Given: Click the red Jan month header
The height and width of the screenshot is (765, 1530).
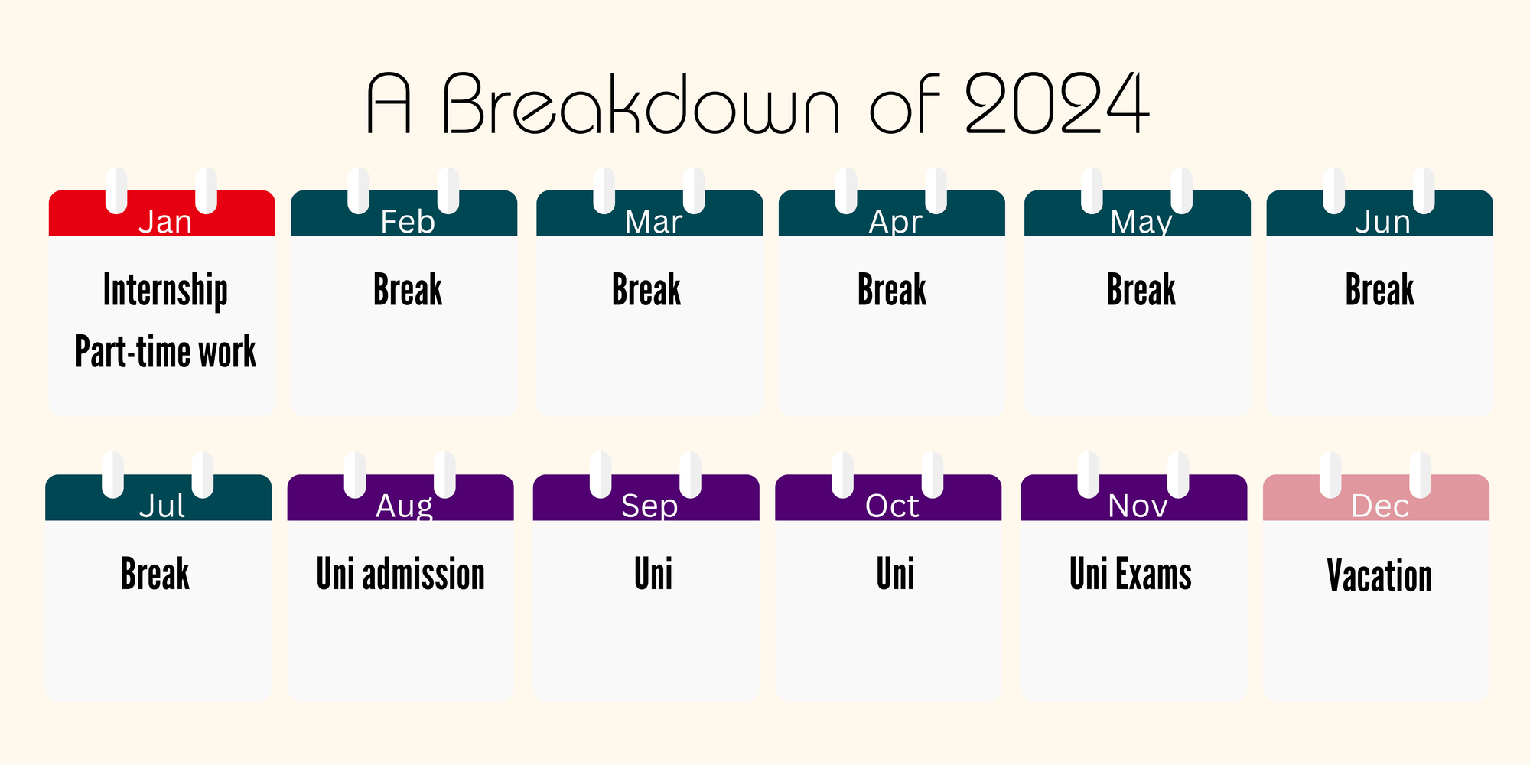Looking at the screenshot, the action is pyautogui.click(x=162, y=213).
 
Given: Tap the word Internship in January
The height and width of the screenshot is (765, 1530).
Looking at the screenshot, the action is pyautogui.click(x=165, y=291).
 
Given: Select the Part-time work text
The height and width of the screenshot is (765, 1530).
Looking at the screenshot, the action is pyautogui.click(x=165, y=352).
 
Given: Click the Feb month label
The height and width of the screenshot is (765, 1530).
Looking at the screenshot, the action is pyautogui.click(x=408, y=222).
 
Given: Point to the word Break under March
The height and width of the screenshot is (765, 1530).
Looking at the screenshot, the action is pyautogui.click(x=646, y=290).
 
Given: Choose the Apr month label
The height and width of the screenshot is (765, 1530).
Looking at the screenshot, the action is pyautogui.click(x=896, y=222).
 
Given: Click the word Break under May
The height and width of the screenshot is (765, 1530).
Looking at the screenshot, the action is pyautogui.click(x=1141, y=290).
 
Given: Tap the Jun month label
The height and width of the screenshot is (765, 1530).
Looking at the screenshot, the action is pyautogui.click(x=1382, y=222).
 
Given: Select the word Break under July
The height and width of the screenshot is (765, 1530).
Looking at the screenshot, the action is pyautogui.click(x=155, y=574).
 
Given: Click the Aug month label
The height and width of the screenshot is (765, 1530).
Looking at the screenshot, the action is pyautogui.click(x=404, y=506).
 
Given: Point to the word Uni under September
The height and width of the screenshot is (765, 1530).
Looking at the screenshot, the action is pyautogui.click(x=653, y=574).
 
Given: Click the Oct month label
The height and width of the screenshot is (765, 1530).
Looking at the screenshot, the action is pyautogui.click(x=892, y=506).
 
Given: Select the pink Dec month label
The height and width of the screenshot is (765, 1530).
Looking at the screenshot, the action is pyautogui.click(x=1380, y=506).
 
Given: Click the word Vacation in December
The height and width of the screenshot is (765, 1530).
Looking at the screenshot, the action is pyautogui.click(x=1380, y=575).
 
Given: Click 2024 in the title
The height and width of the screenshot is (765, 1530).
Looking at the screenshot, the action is pyautogui.click(x=1057, y=103).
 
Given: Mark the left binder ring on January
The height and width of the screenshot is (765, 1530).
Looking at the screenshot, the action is pyautogui.click(x=116, y=190).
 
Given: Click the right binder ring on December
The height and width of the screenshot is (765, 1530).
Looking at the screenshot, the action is pyautogui.click(x=1421, y=474).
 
